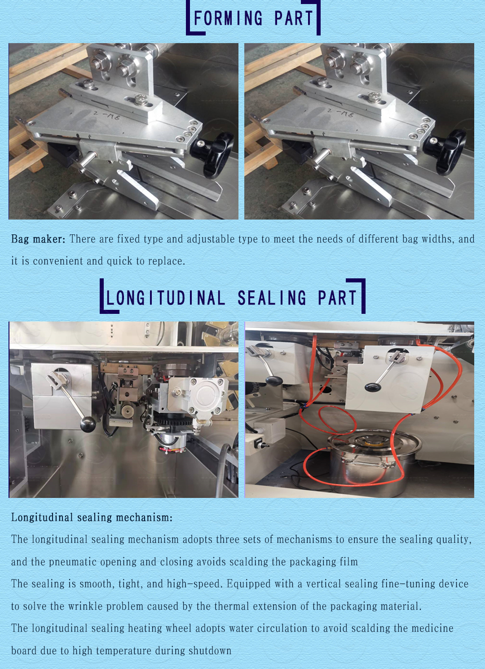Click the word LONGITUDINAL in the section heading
pyautogui.click(x=166, y=298)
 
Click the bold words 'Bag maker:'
pyautogui.click(x=38, y=239)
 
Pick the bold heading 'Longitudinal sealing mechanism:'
pyautogui.click(x=92, y=517)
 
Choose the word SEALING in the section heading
pyautogui.click(x=272, y=298)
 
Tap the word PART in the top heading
pyautogui.click(x=294, y=18)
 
